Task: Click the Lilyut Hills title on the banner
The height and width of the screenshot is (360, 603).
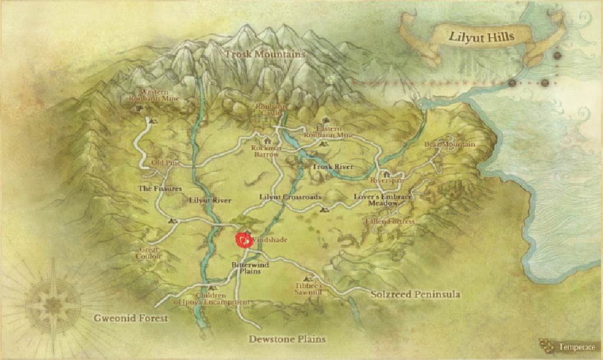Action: coord(482,37)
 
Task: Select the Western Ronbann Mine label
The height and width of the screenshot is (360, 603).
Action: coord(150,96)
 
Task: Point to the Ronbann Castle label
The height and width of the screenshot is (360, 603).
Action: coord(271,110)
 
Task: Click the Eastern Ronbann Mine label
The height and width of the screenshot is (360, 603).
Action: coord(328,131)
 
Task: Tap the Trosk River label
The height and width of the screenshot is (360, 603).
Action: coord(332,167)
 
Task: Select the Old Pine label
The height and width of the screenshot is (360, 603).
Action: coord(164,163)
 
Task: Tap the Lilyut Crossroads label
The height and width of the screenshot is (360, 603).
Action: coord(290,196)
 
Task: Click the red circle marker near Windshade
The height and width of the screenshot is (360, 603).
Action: coord(243,240)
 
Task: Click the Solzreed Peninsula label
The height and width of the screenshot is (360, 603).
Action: coord(414,293)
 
